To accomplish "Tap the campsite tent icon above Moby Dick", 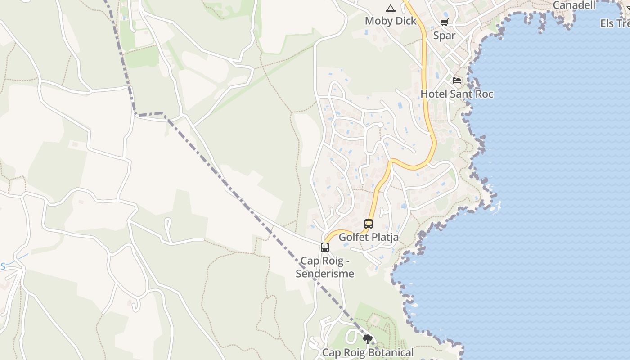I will tap(390, 8).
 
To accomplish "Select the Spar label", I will tap(444, 36).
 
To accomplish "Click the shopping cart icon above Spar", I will tap(444, 22).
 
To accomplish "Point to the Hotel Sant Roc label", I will tap(457, 94).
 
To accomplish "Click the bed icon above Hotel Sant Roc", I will tap(457, 81).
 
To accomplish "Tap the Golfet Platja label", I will tap(369, 237).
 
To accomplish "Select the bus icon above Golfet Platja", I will tap(369, 224).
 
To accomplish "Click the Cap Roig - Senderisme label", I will tap(325, 267).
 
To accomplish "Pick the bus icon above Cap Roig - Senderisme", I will tap(325, 247).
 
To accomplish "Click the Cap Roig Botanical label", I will tap(368, 353).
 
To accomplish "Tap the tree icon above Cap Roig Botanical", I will tap(368, 339).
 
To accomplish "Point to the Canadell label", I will tap(574, 5).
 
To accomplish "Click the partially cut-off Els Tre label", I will tap(615, 23).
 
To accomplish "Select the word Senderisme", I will tap(325, 274).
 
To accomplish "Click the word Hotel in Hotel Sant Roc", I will tap(433, 94).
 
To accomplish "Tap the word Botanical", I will tap(390, 353).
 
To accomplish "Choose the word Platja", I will tap(384, 237).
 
